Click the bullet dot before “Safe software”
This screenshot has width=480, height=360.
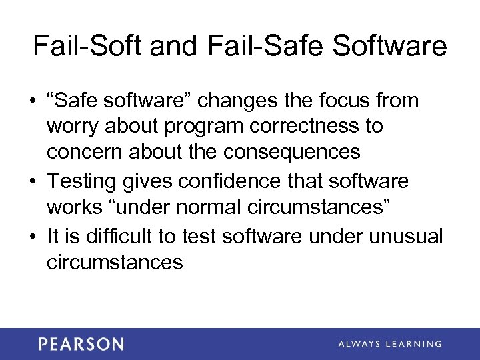tap(33, 101)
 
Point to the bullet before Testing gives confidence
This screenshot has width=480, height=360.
tap(33, 181)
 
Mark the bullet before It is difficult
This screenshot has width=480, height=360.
tap(33, 236)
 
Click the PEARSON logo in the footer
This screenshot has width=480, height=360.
tap(81, 344)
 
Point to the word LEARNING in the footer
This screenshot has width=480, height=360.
tap(411, 344)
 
